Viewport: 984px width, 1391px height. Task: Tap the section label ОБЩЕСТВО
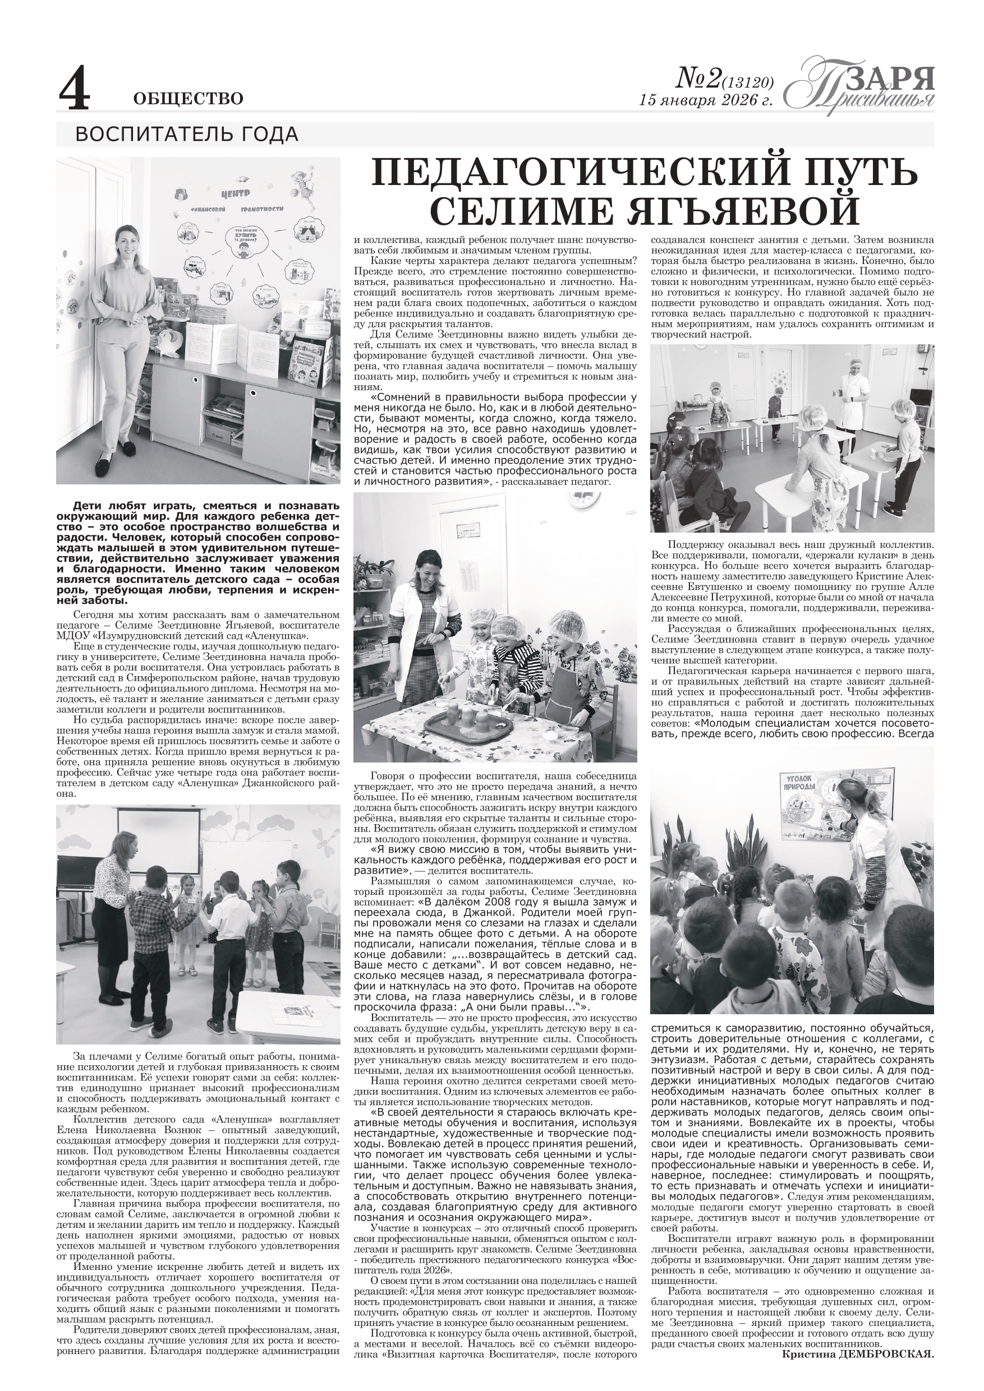click(188, 98)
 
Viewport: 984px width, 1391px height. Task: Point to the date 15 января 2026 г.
click(706, 100)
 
